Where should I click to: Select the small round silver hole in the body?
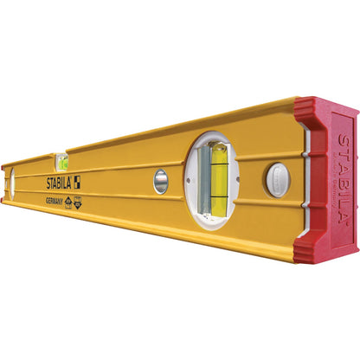point(161,181)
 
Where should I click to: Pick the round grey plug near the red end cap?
point(276,179)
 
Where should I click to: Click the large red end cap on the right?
point(327,177)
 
